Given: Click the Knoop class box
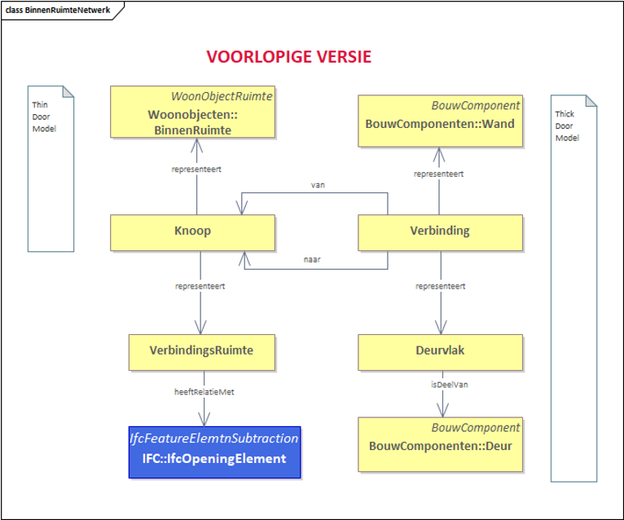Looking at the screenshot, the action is (192, 232).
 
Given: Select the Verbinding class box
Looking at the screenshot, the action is (440, 232).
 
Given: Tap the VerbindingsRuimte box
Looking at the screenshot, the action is (202, 352).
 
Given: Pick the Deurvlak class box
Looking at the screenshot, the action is (440, 352).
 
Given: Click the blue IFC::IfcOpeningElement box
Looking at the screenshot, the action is (214, 452).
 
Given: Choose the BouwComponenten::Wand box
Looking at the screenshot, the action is (440, 121).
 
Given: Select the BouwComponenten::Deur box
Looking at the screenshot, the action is (440, 444).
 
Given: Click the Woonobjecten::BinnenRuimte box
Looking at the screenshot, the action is (192, 112).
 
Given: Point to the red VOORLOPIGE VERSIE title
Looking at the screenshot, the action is (289, 57).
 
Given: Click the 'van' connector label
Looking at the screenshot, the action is (318, 185).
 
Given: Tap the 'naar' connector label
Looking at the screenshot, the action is (312, 260).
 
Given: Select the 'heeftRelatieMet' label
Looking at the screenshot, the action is (204, 392).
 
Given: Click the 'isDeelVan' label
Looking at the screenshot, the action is (450, 385).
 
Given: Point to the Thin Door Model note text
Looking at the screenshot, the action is (44, 117).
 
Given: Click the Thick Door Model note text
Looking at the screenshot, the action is (567, 126).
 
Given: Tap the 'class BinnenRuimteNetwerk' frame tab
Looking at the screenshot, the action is (58, 11).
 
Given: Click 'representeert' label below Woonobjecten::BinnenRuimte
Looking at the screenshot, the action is (196, 170).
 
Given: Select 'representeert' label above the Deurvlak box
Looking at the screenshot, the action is (441, 286).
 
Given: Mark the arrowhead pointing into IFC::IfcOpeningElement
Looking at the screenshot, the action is (204, 419).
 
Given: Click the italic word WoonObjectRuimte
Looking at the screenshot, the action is (222, 96).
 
